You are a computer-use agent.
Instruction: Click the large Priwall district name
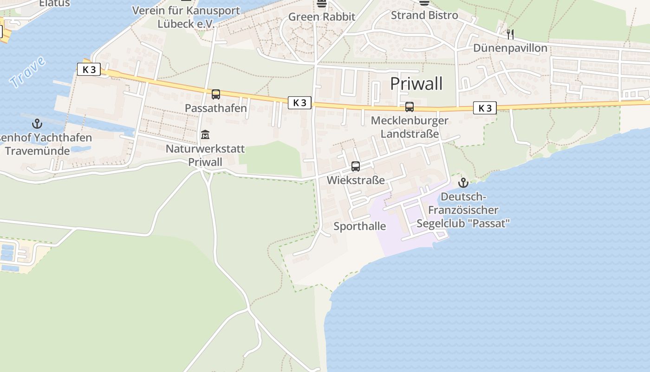[416, 84]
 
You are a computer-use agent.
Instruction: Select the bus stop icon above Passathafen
[216, 94]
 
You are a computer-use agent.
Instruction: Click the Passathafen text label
[216, 108]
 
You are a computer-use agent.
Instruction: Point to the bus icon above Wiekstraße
[356, 166]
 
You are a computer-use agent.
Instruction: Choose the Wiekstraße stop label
[356, 180]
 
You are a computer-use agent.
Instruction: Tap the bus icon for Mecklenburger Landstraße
[409, 107]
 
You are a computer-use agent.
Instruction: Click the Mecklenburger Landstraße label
[409, 127]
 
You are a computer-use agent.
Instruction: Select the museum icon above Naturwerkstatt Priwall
[205, 135]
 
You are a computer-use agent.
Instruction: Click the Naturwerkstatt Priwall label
[205, 155]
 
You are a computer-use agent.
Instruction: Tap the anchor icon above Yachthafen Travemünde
[37, 124]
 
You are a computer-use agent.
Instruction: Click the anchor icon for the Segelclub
[463, 183]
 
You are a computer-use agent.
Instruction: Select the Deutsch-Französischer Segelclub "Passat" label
[463, 210]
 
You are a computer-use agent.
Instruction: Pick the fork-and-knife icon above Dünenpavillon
[510, 34]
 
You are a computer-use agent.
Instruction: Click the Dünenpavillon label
[510, 48]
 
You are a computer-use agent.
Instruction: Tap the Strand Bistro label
[424, 15]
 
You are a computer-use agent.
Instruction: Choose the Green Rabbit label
[322, 17]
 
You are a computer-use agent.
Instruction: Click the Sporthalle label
[360, 226]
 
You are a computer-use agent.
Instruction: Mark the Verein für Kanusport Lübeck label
[186, 17]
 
